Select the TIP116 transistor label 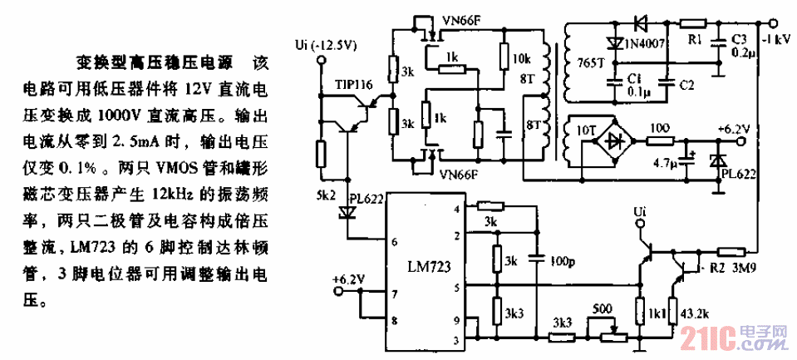[352, 86]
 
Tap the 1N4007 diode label [644, 43]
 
